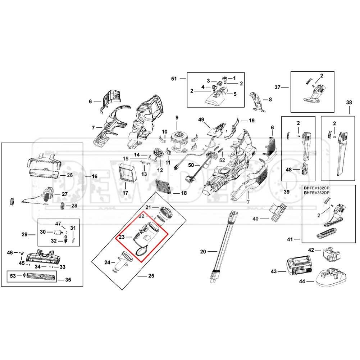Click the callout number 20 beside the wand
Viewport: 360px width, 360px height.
[203, 252]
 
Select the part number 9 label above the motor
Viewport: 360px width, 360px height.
[177, 118]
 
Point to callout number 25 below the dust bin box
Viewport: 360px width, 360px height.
[151, 276]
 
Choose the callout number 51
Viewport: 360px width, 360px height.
[174, 78]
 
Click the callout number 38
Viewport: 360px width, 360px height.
[349, 102]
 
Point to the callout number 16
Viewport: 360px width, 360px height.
[94, 177]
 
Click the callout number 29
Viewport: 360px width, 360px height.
[24, 235]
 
